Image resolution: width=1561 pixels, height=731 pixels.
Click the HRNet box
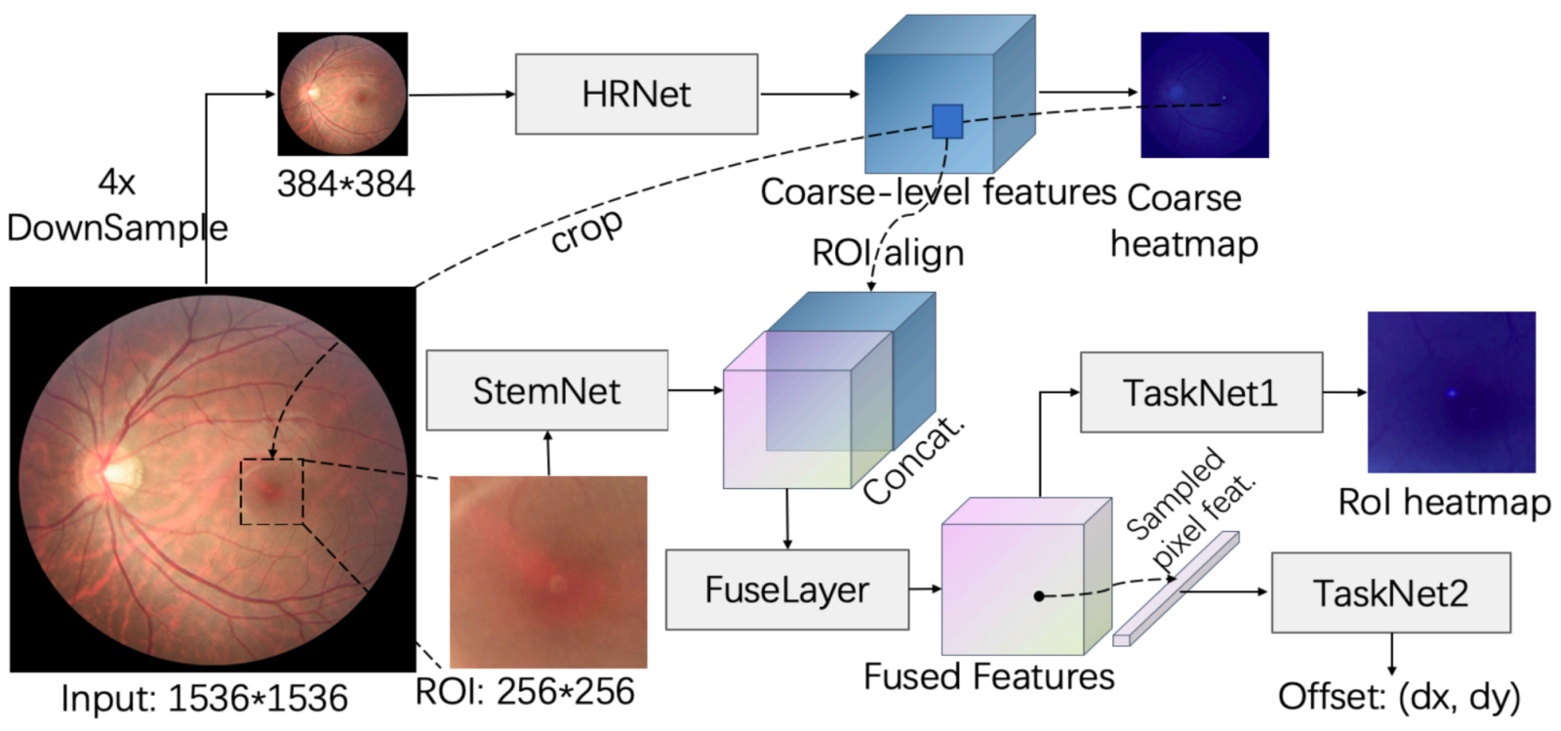coord(636,94)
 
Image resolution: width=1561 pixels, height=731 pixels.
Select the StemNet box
coord(547,390)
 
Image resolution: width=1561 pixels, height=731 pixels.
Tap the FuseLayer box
coord(787,589)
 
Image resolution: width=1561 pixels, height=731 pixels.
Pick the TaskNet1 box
coord(1201,392)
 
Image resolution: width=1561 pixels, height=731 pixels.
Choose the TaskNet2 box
coord(1391,593)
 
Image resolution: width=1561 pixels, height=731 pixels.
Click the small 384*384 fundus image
coord(342,94)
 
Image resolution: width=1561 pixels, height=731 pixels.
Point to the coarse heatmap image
coord(1204,95)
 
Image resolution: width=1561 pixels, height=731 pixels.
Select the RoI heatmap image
coord(1451,392)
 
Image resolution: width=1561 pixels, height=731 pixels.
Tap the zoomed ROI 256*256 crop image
coord(547,572)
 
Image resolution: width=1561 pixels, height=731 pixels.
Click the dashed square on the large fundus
coord(241,492)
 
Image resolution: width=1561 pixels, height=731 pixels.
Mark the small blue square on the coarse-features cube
coord(947,122)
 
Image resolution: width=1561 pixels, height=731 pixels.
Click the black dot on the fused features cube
coord(1039,595)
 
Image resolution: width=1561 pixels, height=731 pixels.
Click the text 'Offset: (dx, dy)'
coord(1399,698)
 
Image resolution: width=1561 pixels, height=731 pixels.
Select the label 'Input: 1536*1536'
coord(204,698)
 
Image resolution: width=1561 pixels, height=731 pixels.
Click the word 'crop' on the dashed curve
coord(586,231)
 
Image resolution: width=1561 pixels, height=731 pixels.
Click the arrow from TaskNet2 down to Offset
coord(1391,654)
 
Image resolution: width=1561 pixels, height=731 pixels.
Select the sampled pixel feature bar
coord(1176,589)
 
